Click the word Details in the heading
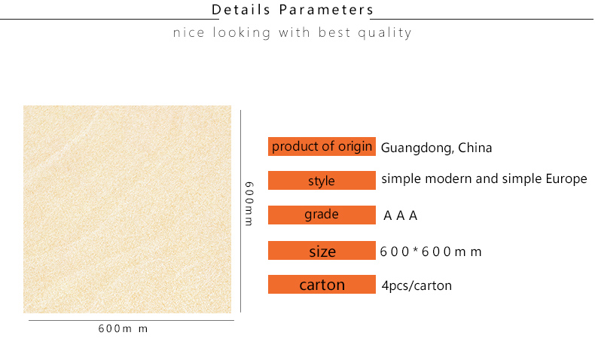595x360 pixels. tap(240, 10)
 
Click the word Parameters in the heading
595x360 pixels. tap(326, 10)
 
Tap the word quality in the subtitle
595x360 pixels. tap(385, 33)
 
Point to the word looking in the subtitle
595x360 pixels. tap(241, 33)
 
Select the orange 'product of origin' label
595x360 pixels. tap(322, 146)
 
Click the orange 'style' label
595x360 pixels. tap(322, 180)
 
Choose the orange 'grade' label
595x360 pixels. tap(322, 215)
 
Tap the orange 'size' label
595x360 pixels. tap(322, 250)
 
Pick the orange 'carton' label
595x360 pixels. tap(322, 284)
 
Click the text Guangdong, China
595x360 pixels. tap(436, 148)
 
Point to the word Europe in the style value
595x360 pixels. tap(566, 178)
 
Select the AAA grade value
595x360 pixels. tap(401, 215)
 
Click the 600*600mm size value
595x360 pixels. tap(431, 252)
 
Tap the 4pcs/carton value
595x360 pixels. tap(416, 285)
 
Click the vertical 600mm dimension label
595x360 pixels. tap(249, 203)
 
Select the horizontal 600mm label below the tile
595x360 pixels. tap(123, 328)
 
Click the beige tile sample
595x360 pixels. tap(127, 209)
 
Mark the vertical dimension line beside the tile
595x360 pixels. tap(240, 212)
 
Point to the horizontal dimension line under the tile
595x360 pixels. tap(131, 321)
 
